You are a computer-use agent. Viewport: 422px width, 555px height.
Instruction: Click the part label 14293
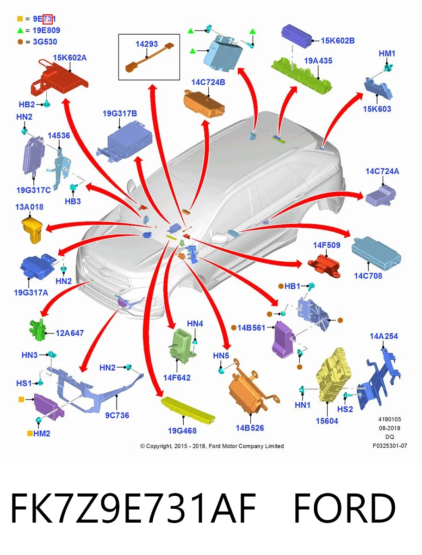tap(146, 44)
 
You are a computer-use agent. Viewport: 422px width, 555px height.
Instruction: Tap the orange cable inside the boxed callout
tap(149, 58)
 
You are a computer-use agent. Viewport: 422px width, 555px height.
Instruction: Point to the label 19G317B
tap(119, 113)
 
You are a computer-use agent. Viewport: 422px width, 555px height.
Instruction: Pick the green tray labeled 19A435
tap(301, 75)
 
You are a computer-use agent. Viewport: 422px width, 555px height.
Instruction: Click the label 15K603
tap(377, 109)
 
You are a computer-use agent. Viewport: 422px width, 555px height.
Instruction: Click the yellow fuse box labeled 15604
tap(334, 375)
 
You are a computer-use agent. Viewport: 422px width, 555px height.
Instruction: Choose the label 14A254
tap(384, 336)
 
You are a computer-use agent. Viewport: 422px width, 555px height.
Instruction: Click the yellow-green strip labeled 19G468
tap(188, 410)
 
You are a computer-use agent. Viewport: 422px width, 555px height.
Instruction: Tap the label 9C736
tap(117, 415)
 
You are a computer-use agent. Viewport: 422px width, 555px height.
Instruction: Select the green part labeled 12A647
tap(37, 329)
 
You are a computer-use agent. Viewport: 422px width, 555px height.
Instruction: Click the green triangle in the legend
tap(20, 31)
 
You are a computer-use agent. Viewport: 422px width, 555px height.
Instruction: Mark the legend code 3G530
tap(45, 42)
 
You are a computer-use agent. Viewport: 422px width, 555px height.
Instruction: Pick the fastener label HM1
tap(387, 54)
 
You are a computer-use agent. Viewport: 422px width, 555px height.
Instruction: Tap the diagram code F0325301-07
tap(390, 445)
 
